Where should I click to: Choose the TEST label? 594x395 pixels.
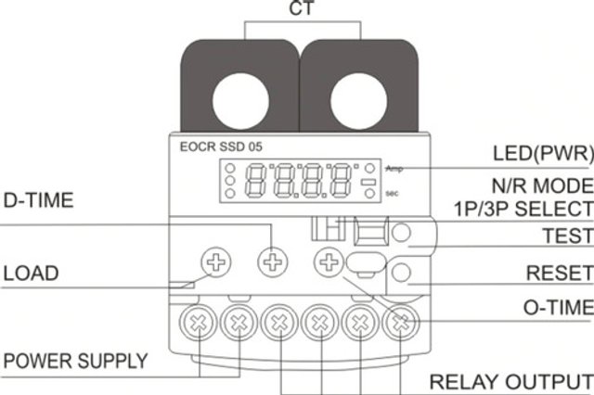pyautogui.click(x=567, y=236)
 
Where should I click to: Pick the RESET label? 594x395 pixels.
pyautogui.click(x=560, y=274)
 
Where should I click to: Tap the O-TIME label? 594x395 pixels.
pyautogui.click(x=556, y=307)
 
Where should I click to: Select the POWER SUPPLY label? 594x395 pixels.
pyautogui.click(x=75, y=360)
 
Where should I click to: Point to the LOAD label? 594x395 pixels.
pyautogui.click(x=31, y=274)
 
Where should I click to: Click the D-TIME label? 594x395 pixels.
pyautogui.click(x=39, y=199)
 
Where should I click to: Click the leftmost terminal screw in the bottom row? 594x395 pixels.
pyautogui.click(x=200, y=324)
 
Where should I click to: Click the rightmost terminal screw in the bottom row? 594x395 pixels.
pyautogui.click(x=400, y=324)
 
